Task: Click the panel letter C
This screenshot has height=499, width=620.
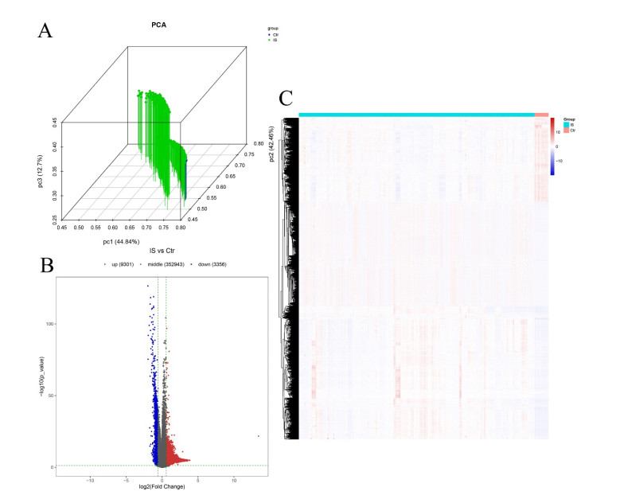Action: tap(287, 99)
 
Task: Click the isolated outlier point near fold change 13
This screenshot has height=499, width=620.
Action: tap(258, 436)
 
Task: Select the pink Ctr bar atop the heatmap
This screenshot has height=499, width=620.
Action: tap(542, 115)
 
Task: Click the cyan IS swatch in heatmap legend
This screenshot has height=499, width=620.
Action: tap(567, 124)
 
